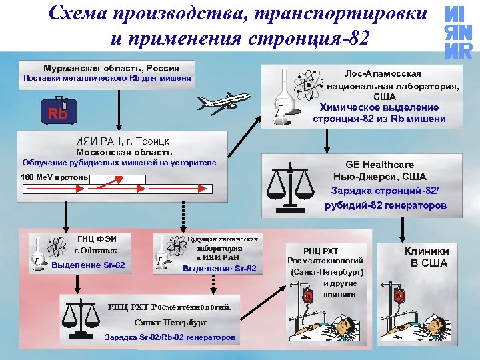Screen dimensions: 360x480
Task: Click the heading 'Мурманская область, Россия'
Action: click(111, 68)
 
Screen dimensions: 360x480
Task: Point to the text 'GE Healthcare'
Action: click(379, 165)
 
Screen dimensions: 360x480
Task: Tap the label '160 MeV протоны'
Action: click(56, 178)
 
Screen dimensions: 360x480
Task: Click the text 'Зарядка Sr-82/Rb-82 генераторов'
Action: click(169, 337)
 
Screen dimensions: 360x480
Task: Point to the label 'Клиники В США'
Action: click(427, 257)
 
